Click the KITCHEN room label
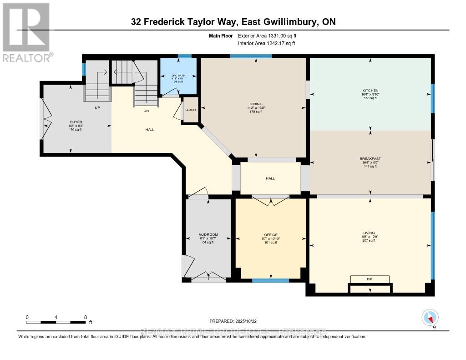pyautogui.click(x=370, y=91)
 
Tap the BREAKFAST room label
pyautogui.click(x=370, y=159)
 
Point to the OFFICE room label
pyautogui.click(x=270, y=235)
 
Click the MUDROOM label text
pyautogui.click(x=208, y=235)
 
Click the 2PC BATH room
pyautogui.click(x=178, y=77)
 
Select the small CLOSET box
pyautogui.click(x=191, y=110)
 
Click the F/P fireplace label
pyautogui.click(x=370, y=279)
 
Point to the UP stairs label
pyautogui.click(x=97, y=108)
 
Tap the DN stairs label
pyautogui.click(x=146, y=111)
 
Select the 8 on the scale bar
pyautogui.click(x=85, y=317)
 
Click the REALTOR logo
pyautogui.click(x=27, y=32)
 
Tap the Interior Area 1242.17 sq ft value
pyautogui.click(x=266, y=43)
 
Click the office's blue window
pyautogui.click(x=270, y=280)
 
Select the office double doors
pyautogui.click(x=270, y=200)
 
